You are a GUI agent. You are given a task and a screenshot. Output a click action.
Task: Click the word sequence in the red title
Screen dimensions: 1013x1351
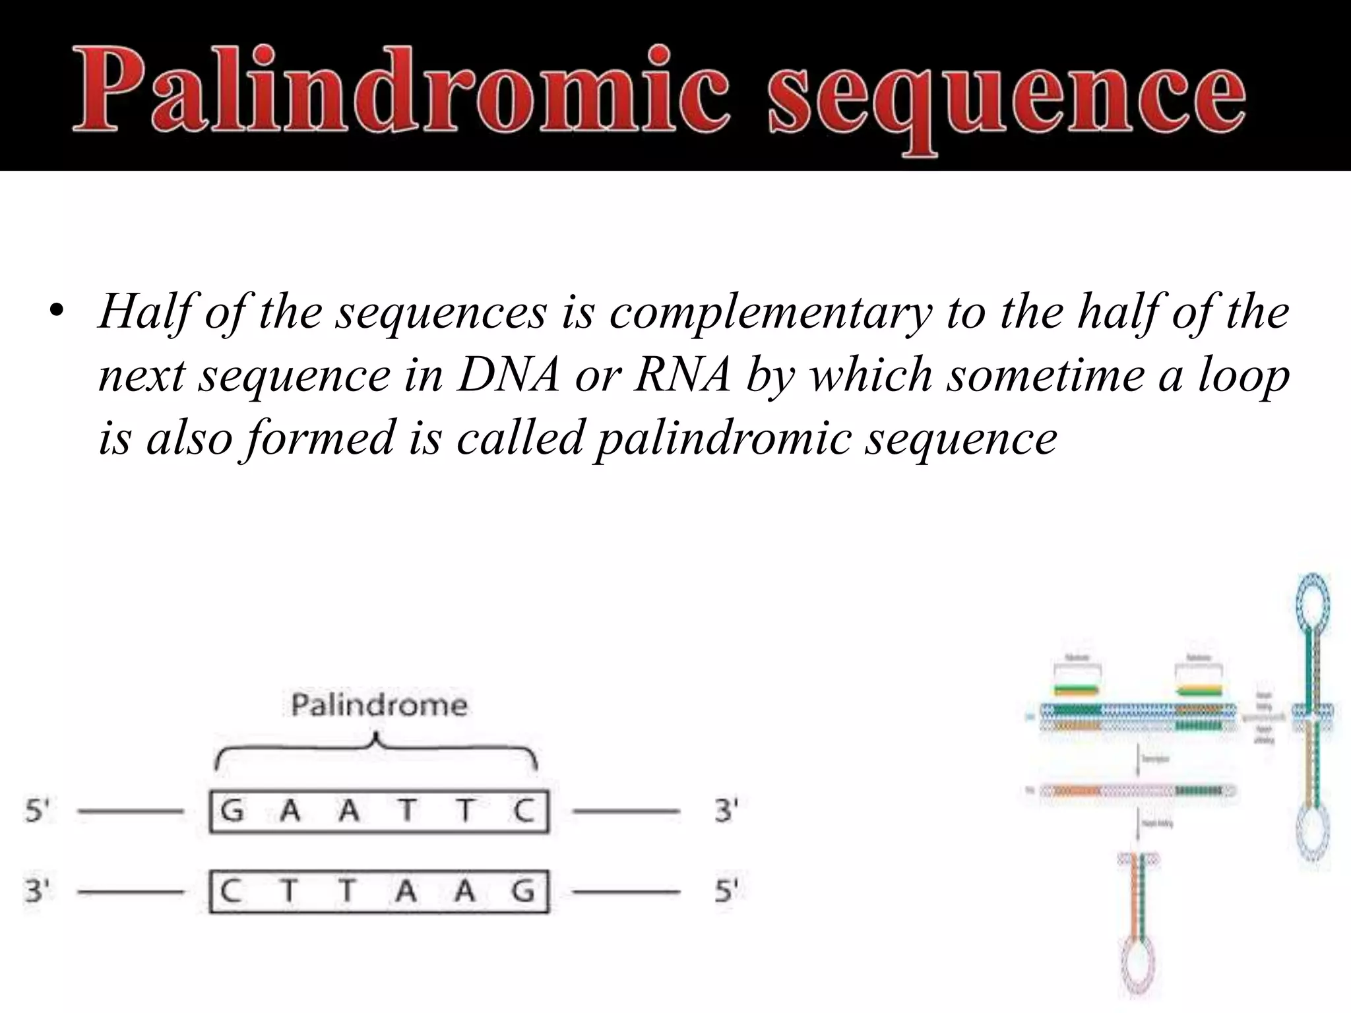1007,92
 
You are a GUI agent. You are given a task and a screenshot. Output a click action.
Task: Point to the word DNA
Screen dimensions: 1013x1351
509,375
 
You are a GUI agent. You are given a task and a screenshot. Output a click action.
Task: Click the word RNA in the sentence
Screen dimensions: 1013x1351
682,375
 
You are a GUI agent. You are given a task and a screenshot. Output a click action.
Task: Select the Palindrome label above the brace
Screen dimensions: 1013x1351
379,705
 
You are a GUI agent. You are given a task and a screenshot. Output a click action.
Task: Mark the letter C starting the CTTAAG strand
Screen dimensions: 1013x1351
230,892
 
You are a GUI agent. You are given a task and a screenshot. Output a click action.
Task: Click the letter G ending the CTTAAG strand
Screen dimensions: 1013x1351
524,892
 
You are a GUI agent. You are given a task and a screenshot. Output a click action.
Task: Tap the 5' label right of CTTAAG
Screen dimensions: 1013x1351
726,892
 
